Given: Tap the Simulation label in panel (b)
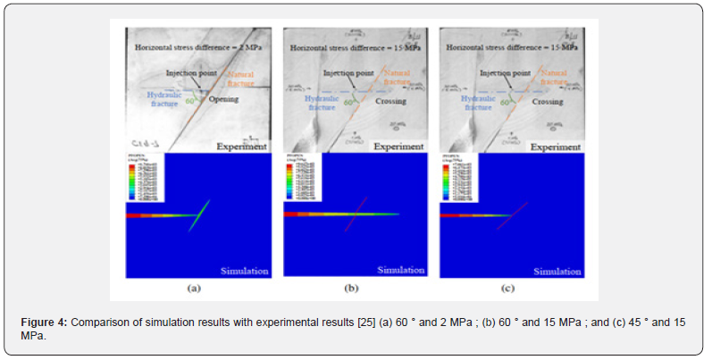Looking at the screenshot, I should tap(401, 270).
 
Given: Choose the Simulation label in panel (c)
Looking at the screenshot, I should tap(557, 270).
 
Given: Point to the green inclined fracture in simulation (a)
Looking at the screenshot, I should tap(199, 215).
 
